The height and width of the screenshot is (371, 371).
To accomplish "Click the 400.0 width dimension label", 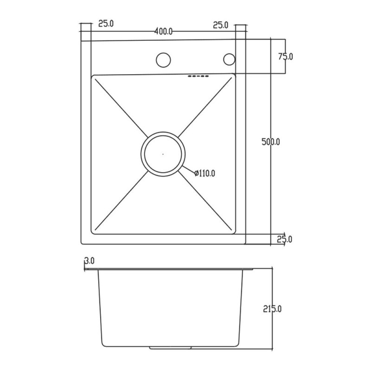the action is [163, 32].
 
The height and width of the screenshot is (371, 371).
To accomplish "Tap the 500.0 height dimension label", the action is [271, 142].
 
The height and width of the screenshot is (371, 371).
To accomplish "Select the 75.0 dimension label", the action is [286, 57].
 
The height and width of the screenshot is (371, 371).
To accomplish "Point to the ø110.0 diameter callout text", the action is [205, 173].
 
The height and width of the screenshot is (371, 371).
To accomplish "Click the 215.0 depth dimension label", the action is [272, 309].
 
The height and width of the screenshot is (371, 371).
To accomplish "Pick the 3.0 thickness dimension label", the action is [90, 261].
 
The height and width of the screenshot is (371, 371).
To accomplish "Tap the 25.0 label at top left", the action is [106, 24].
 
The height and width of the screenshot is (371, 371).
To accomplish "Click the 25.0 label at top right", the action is [221, 25].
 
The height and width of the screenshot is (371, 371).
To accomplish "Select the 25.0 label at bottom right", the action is [284, 239].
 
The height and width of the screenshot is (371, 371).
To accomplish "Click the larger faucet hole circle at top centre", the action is [163, 53].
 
